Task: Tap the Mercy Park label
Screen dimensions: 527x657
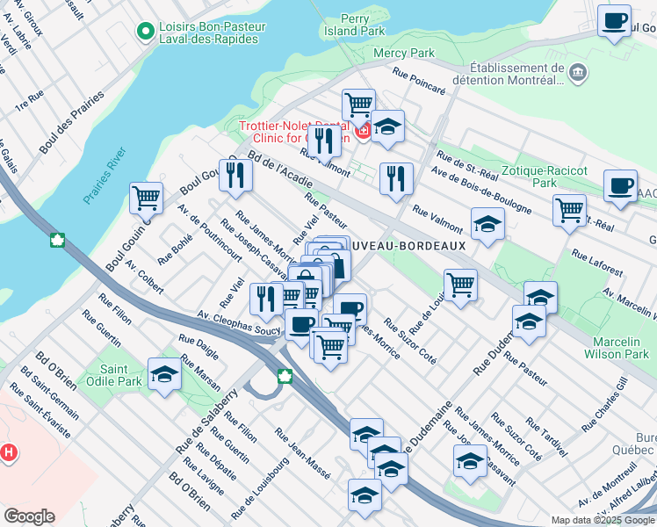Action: pos(404,53)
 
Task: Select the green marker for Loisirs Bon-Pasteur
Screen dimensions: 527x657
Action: pos(145,32)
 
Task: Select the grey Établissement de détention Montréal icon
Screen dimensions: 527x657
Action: pos(578,71)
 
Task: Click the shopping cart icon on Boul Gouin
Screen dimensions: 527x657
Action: pos(146,196)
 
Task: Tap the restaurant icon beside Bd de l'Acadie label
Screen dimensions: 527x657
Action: pos(235,174)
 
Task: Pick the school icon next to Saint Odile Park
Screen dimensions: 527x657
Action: pos(164,375)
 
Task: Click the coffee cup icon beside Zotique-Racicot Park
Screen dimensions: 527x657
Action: pos(621,186)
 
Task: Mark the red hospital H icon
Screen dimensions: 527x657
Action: pos(9,453)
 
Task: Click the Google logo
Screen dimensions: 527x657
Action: pos(29,516)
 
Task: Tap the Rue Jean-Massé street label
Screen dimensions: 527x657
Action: pos(302,453)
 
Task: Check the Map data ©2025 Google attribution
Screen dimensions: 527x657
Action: pos(602,520)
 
